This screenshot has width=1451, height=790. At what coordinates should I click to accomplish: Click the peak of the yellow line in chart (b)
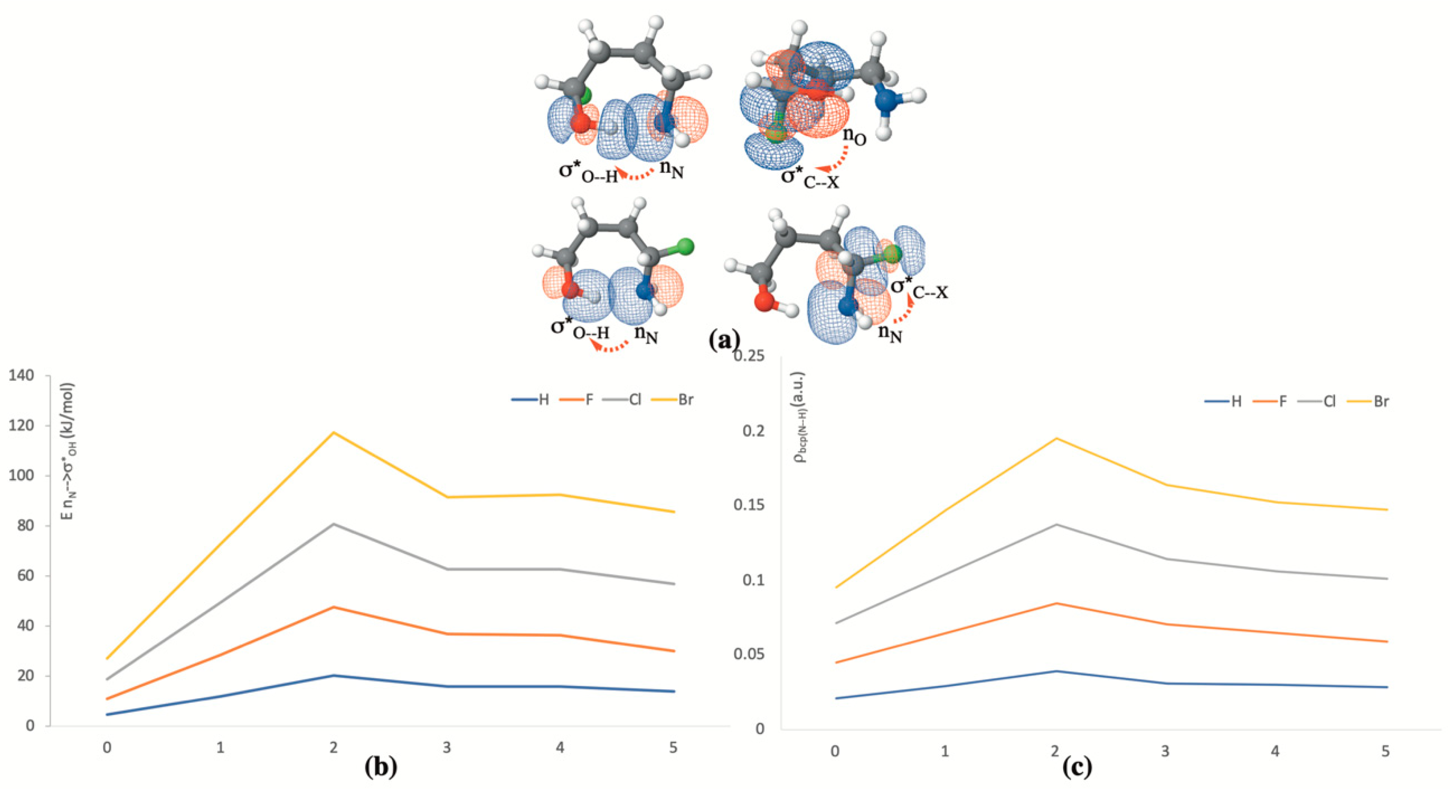(x=333, y=432)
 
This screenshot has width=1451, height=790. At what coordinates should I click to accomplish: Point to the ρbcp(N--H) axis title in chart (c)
(x=799, y=417)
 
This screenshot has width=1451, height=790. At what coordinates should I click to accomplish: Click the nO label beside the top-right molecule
(x=854, y=136)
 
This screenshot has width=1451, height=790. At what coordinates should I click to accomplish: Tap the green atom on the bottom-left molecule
(x=685, y=247)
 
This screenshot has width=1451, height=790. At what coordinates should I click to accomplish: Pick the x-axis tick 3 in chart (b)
(x=446, y=748)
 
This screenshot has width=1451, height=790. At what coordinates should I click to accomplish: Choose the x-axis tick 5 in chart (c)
(x=1386, y=751)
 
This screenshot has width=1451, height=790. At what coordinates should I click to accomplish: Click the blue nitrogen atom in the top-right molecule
(x=886, y=101)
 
